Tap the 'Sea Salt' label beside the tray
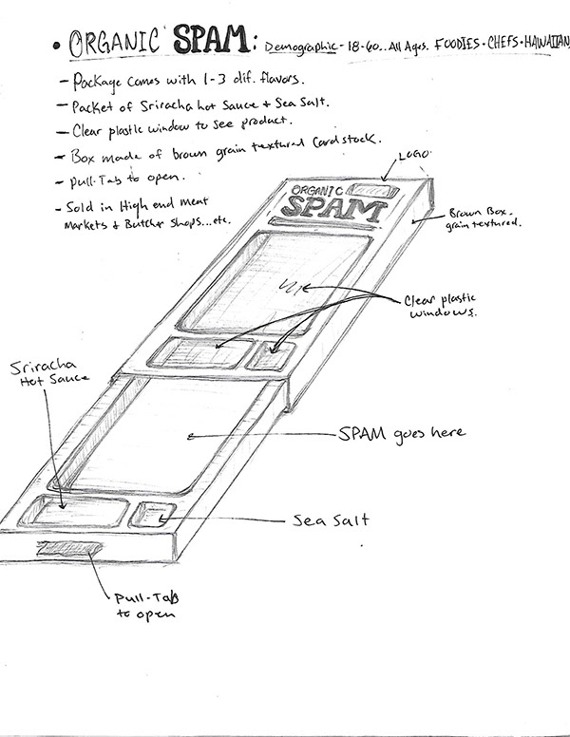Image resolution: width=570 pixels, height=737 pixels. (x=330, y=520)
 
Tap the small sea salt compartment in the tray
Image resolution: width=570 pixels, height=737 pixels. (x=151, y=516)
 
